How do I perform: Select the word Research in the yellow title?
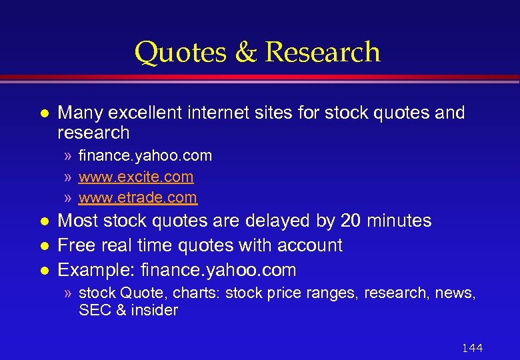click(x=322, y=53)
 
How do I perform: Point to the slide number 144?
click(x=472, y=348)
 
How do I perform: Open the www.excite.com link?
click(x=136, y=177)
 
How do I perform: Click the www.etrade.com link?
click(x=138, y=197)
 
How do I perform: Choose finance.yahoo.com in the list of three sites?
click(x=145, y=156)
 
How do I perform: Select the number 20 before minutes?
click(x=350, y=221)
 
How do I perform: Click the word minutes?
click(x=399, y=221)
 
